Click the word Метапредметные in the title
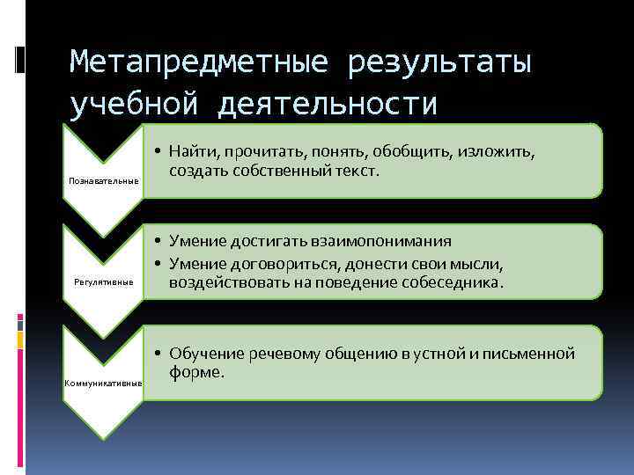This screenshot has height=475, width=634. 199,63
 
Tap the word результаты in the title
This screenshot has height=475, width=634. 440,63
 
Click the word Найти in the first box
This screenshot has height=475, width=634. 193,151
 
